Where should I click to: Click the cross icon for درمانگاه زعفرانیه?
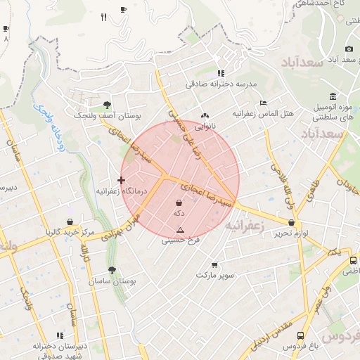coord(121,180)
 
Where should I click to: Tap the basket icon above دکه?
coord(179,202)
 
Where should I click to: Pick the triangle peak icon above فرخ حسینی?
coord(180,230)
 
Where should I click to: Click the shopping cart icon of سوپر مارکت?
coord(214,265)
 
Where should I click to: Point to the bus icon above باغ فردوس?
coord(300,336)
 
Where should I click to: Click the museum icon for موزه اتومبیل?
coord(333,96)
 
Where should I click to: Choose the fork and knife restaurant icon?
coord(104,17)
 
